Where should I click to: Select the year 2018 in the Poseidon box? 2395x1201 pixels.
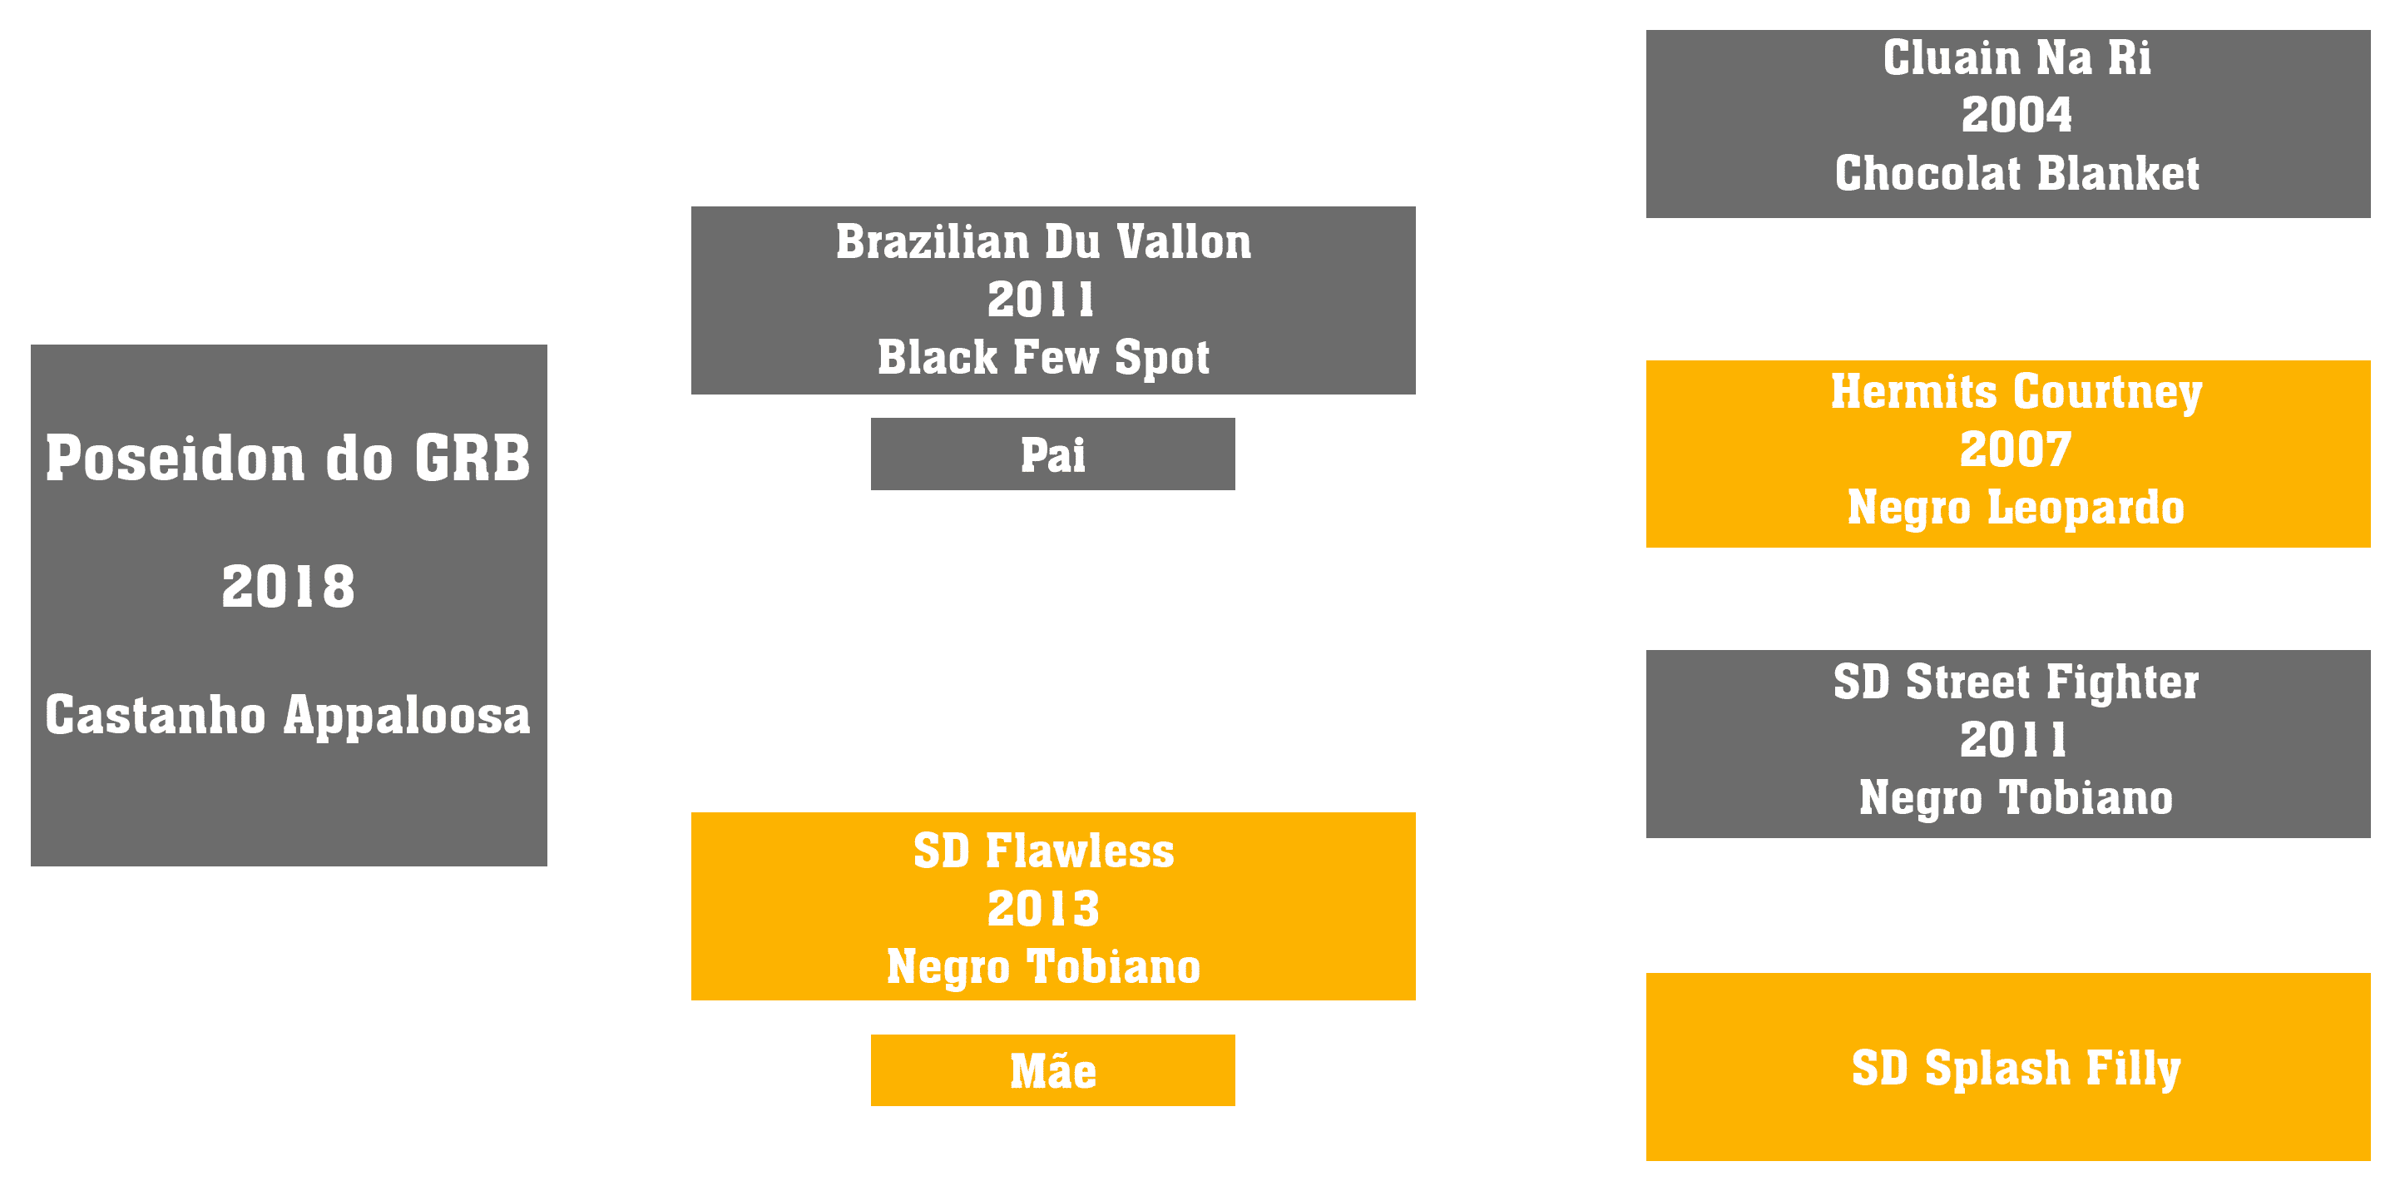pyautogui.click(x=288, y=586)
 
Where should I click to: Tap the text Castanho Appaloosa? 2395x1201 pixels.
pyautogui.click(x=288, y=716)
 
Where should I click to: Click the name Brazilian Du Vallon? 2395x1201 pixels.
pyautogui.click(x=1043, y=242)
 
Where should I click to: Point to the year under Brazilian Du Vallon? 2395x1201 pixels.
pyautogui.click(x=1042, y=300)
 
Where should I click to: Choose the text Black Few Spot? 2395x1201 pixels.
pyautogui.click(x=1043, y=358)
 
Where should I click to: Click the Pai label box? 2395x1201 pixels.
pyautogui.click(x=1052, y=454)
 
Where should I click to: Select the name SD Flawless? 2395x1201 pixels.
pyautogui.click(x=1043, y=851)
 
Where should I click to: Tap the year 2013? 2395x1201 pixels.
pyautogui.click(x=1043, y=909)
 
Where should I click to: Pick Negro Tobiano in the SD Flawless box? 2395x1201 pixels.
pyautogui.click(x=1043, y=966)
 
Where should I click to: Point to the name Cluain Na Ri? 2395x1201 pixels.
pyautogui.click(x=2016, y=57)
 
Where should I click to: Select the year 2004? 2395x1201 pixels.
pyautogui.click(x=2016, y=116)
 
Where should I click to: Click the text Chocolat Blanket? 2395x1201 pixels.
pyautogui.click(x=2016, y=173)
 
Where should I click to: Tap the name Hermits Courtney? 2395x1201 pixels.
pyautogui.click(x=2016, y=392)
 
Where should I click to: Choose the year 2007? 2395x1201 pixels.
pyautogui.click(x=2016, y=450)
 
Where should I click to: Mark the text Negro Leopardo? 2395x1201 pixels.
pyautogui.click(x=2016, y=508)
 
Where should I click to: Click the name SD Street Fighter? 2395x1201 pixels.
pyautogui.click(x=2016, y=682)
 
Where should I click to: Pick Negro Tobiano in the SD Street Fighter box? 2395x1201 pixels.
pyautogui.click(x=2016, y=798)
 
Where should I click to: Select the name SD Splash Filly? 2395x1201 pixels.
pyautogui.click(x=2016, y=1068)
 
